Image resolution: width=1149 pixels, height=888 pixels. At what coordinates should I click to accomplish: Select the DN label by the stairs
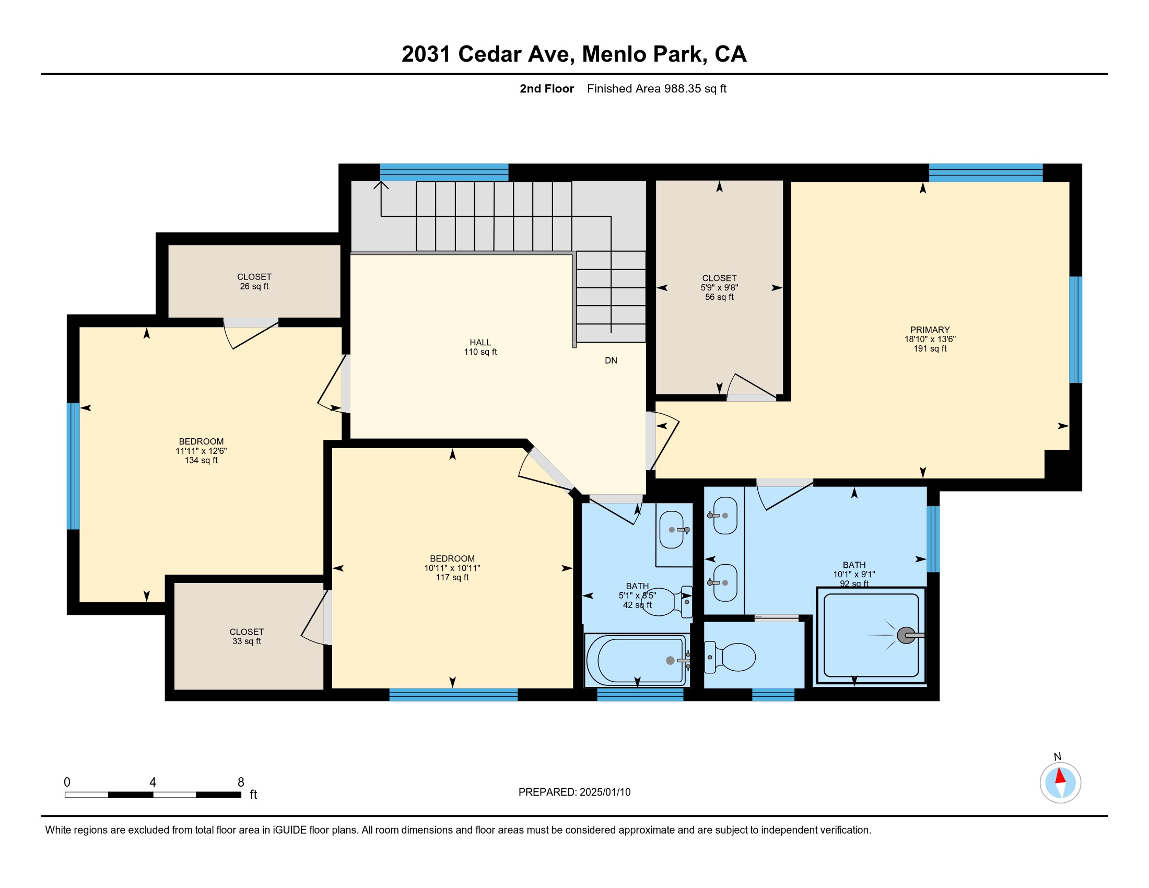[x=611, y=360]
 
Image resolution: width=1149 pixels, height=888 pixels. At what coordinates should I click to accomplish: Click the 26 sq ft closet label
[x=254, y=282]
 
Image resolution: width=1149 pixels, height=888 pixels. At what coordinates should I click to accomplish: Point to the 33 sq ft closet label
[x=247, y=637]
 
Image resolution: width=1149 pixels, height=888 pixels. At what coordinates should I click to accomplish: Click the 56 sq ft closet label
[x=719, y=287]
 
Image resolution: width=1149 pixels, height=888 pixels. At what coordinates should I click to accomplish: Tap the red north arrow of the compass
[x=1060, y=776]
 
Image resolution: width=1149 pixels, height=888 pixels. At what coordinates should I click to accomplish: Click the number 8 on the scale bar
[x=241, y=782]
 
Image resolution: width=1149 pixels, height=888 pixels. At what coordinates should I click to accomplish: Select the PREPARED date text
[x=574, y=792]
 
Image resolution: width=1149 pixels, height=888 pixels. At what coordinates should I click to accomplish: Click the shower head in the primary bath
[x=906, y=636]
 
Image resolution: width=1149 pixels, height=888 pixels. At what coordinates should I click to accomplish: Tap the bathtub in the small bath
[x=637, y=660]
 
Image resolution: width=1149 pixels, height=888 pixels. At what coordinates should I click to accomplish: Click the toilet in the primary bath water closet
[x=730, y=657]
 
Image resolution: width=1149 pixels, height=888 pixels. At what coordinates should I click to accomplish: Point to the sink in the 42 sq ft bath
[x=672, y=529]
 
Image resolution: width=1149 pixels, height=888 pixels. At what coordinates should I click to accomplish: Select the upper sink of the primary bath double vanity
[x=725, y=516]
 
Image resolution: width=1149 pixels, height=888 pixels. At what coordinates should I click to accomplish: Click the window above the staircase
[x=444, y=172]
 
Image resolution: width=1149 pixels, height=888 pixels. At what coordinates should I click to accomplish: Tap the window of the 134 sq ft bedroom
[x=73, y=465]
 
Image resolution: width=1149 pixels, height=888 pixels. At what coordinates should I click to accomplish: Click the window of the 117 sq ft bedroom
[x=453, y=694]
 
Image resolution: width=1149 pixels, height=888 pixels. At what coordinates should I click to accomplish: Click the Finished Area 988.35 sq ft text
[x=656, y=88]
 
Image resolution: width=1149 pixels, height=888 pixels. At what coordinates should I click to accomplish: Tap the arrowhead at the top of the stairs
[x=381, y=184]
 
